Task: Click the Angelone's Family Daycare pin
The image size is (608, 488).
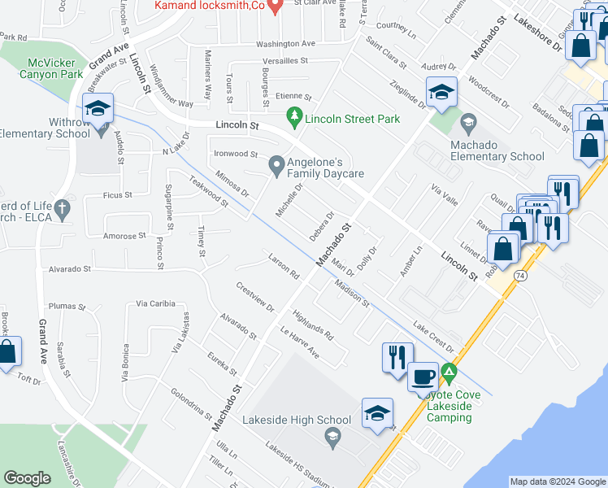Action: coord(276,166)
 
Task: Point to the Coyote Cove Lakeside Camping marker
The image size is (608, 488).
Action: coord(449,375)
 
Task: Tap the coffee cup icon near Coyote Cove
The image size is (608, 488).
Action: coord(422,377)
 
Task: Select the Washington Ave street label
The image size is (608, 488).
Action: coord(285,44)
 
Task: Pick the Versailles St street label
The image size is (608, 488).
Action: coord(284,61)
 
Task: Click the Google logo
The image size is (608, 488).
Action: coord(27,478)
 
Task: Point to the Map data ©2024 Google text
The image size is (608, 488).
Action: coord(558,481)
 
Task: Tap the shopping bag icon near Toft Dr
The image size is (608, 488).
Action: coord(8,352)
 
